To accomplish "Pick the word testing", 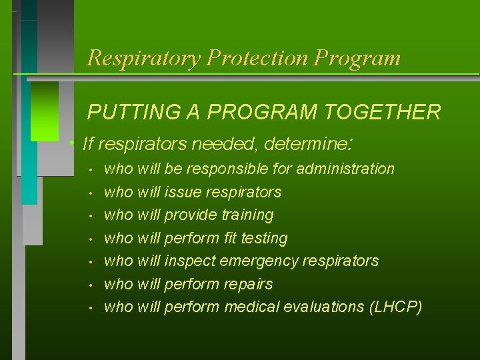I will [263, 238].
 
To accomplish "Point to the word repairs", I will [248, 285].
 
